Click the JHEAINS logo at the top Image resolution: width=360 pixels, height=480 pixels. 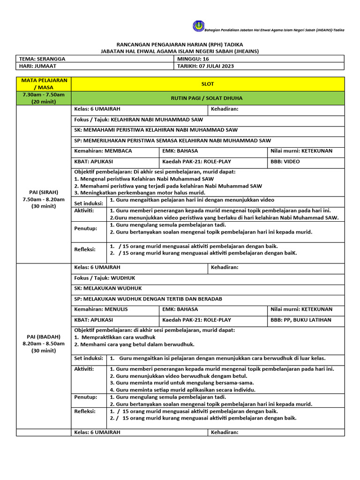coord(198,26)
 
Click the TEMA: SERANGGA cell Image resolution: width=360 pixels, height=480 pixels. coord(96,59)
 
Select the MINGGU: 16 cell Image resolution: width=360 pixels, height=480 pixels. coord(259,59)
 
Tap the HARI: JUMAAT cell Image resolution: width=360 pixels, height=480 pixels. coord(96,66)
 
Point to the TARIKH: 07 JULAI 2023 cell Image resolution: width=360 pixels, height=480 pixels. coord(259,66)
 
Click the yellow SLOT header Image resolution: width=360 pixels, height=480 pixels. coord(207,84)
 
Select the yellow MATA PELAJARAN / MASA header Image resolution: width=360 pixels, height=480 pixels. coord(43,84)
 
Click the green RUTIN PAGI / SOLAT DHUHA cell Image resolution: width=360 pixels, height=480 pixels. coord(207,98)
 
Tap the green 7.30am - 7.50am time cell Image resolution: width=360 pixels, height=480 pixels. coord(43,98)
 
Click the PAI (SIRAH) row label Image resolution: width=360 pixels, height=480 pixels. coord(43,199)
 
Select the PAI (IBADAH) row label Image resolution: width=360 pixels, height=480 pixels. coord(43,343)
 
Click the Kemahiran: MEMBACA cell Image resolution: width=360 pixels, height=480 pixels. coord(115,151)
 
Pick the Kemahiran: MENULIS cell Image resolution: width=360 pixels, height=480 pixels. coord(115,309)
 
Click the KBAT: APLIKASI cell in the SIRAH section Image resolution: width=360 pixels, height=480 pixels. coord(115,162)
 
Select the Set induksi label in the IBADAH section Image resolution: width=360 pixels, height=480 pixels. coord(89,359)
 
